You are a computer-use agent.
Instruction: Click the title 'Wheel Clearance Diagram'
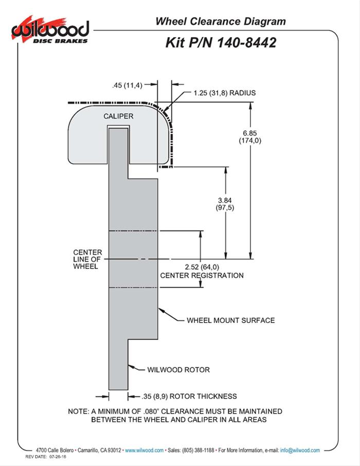click(220, 22)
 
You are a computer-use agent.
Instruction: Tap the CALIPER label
click(118, 116)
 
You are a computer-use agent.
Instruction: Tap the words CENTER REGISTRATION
click(202, 275)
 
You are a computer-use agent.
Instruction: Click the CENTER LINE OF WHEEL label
click(87, 259)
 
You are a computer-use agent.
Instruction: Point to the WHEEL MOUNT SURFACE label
click(230, 320)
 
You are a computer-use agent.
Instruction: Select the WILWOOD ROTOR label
click(178, 369)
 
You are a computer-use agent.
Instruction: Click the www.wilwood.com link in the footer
click(145, 450)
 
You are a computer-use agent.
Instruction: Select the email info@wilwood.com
click(300, 450)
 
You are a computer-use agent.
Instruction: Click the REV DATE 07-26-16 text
click(48, 457)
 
